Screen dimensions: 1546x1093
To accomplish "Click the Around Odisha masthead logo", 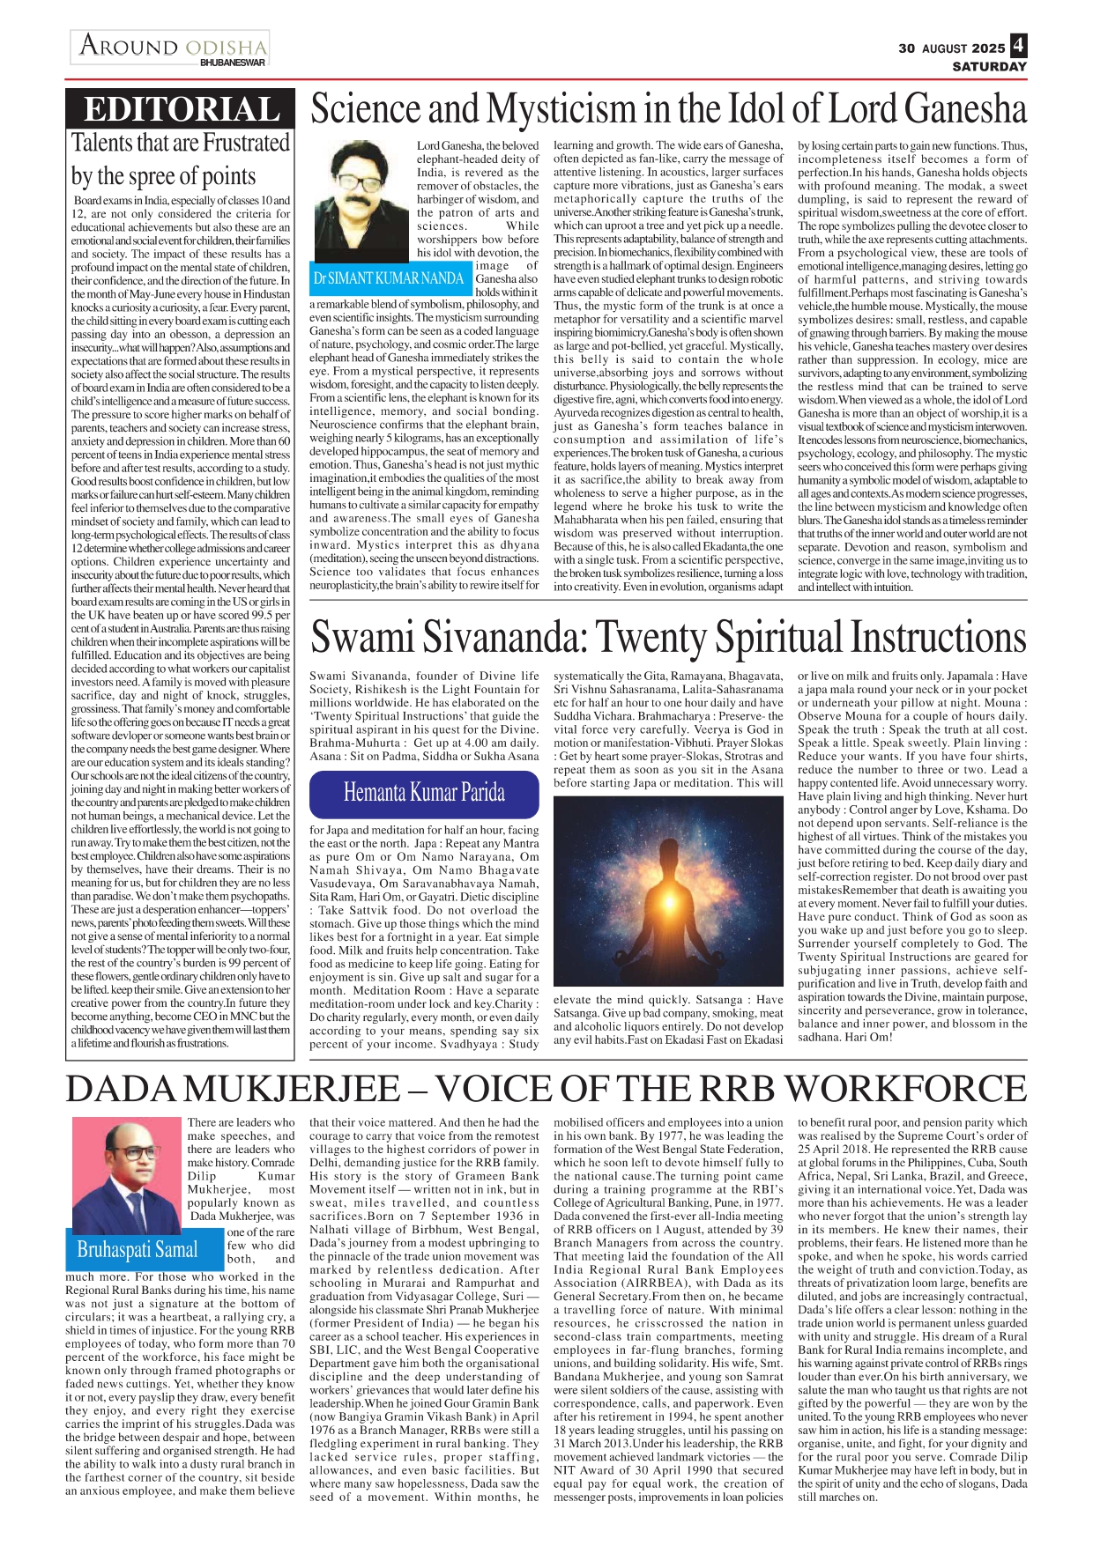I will coord(172,45).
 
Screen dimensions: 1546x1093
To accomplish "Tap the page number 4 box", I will coord(1019,46).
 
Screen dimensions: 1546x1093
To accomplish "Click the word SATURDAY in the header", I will coord(989,66).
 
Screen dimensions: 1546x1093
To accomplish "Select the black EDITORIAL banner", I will coord(181,109).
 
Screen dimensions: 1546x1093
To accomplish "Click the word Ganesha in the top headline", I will coord(965,109).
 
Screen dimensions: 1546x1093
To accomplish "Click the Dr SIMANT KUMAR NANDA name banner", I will coord(389,278).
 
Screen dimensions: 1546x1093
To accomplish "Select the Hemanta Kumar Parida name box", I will coord(424,793).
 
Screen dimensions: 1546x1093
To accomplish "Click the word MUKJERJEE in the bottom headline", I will coord(300,1090).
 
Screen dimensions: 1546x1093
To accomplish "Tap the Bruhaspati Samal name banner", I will coord(138,1249).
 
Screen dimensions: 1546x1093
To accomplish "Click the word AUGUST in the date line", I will coord(944,48).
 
